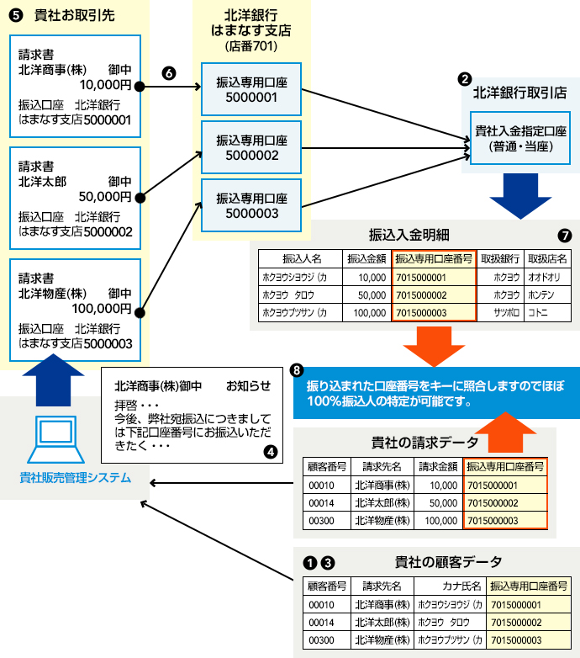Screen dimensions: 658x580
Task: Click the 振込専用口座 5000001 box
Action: tap(251, 90)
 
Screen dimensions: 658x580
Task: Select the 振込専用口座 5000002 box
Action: tap(251, 148)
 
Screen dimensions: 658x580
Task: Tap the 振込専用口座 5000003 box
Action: tap(251, 205)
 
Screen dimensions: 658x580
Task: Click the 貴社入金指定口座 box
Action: tap(519, 139)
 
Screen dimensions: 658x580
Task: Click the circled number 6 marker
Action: tap(168, 72)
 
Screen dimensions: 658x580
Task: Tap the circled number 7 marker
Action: tap(564, 234)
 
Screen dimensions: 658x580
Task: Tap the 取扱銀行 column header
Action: tap(499, 258)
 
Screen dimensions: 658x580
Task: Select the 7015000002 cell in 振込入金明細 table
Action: tap(433, 295)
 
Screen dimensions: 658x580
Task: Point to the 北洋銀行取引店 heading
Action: tap(519, 93)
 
